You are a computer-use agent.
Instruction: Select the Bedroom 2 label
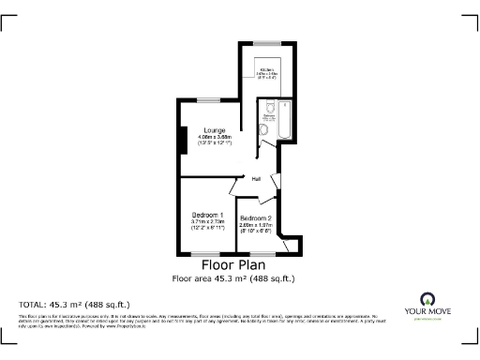pyautogui.click(x=255, y=218)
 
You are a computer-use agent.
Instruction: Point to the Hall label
pyautogui.click(x=255, y=179)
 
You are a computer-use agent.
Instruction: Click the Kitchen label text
pyautogui.click(x=267, y=68)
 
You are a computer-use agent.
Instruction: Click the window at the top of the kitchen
pyautogui.click(x=267, y=45)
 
